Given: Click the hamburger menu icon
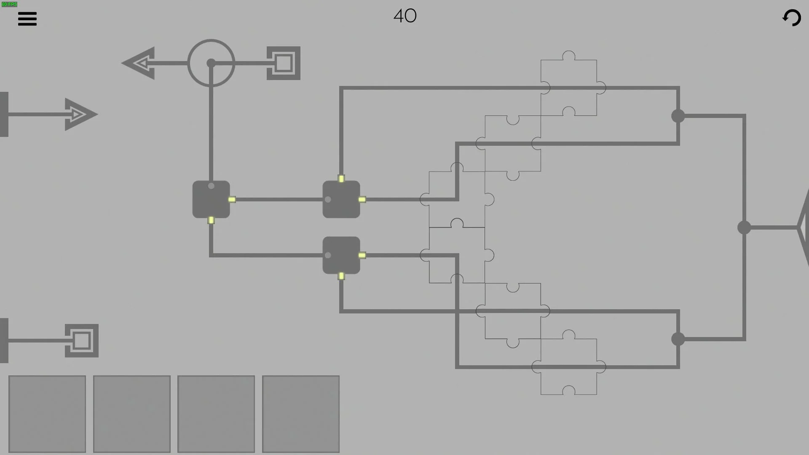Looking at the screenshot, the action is [27, 19].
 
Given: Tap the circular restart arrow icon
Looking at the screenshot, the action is [791, 18].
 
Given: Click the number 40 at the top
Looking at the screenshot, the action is [405, 16].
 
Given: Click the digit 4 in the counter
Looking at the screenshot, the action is [399, 16].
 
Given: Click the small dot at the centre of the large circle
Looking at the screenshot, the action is [211, 63].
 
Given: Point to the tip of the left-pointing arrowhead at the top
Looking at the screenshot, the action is [122, 63].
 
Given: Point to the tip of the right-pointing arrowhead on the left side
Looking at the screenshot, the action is [98, 114].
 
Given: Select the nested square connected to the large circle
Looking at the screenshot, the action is [284, 63].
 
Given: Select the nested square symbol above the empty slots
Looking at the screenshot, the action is [82, 340].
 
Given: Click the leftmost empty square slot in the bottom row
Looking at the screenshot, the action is [47, 414].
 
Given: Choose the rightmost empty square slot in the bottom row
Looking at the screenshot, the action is [301, 414].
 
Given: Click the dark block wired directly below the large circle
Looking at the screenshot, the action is [211, 199].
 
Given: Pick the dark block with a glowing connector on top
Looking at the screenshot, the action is [341, 199].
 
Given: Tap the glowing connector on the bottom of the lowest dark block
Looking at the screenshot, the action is [341, 276].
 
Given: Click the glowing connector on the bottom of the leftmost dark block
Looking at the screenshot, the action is [211, 220].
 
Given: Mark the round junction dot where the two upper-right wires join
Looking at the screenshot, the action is [678, 116].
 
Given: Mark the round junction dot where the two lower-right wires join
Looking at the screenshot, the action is [678, 339].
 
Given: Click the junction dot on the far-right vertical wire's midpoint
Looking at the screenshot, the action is [744, 227].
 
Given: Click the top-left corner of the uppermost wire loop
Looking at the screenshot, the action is [341, 88].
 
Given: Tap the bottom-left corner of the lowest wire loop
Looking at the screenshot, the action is [457, 367].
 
